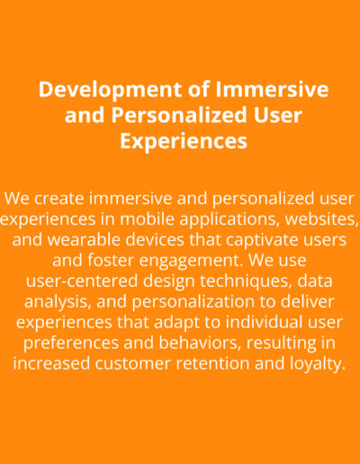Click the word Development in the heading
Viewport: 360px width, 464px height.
(110, 90)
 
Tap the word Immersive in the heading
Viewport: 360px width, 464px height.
(272, 89)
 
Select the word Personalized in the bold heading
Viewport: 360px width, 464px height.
(180, 115)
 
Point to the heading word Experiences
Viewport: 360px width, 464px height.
(184, 142)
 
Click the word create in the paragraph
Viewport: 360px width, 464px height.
(59, 199)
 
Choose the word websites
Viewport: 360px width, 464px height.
(322, 219)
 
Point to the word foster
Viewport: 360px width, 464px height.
(111, 260)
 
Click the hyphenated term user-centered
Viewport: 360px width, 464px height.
(82, 281)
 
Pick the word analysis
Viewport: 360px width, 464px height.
(58, 302)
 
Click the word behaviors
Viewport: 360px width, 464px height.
(200, 343)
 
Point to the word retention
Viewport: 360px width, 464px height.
(213, 363)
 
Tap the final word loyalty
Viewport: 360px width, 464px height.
(318, 364)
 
